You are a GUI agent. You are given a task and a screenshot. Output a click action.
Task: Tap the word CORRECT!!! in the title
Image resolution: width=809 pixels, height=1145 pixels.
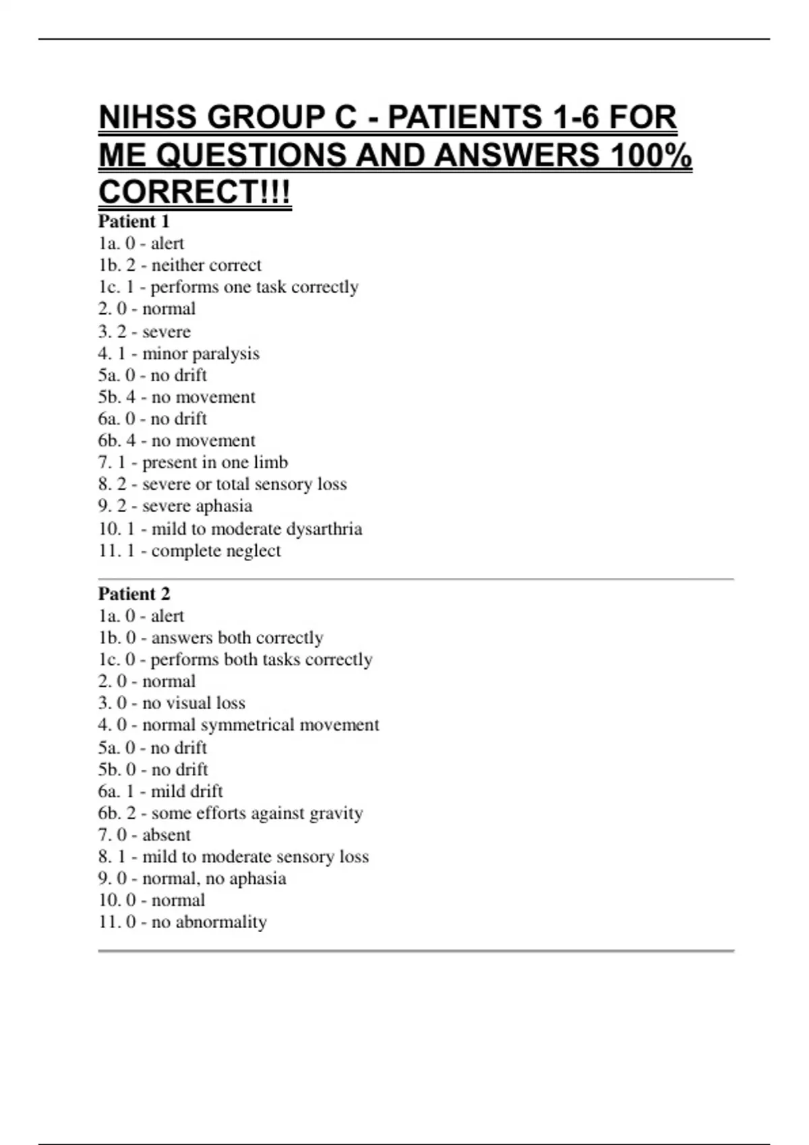pos(195,192)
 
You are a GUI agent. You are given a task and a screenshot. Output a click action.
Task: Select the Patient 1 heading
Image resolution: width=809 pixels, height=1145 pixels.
pos(133,222)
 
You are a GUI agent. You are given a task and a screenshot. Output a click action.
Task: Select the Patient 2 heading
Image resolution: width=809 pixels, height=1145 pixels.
pos(134,594)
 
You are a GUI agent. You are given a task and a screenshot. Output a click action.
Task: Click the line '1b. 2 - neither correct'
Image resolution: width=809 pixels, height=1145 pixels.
pos(179,265)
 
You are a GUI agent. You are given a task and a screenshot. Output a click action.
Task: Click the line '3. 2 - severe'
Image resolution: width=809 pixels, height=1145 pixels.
pos(144,331)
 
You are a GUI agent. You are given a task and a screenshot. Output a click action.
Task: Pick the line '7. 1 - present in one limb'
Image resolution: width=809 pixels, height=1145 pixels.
pos(193,463)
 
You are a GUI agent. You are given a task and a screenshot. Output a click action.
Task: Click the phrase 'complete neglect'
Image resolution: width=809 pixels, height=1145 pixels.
pos(216,551)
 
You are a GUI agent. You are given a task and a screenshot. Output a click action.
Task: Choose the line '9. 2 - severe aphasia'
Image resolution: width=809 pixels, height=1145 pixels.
pos(175,506)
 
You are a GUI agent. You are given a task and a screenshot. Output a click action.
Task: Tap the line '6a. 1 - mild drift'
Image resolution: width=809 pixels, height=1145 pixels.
pos(160,791)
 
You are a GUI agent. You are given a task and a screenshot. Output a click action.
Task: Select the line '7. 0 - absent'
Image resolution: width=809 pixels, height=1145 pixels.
pos(144,835)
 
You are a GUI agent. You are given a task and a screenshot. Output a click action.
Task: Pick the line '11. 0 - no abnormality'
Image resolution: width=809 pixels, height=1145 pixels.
pos(183,922)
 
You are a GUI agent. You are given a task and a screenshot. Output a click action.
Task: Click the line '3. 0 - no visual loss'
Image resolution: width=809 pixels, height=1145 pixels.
pos(171,703)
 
